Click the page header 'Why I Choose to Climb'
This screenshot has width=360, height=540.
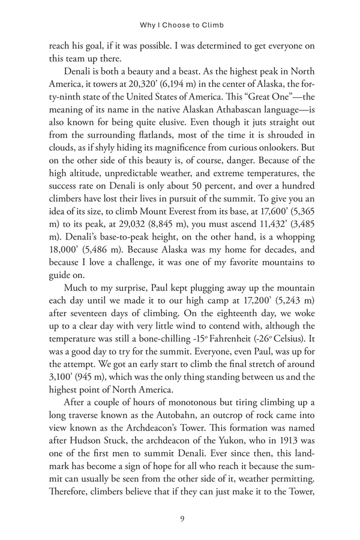coord(181,26)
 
